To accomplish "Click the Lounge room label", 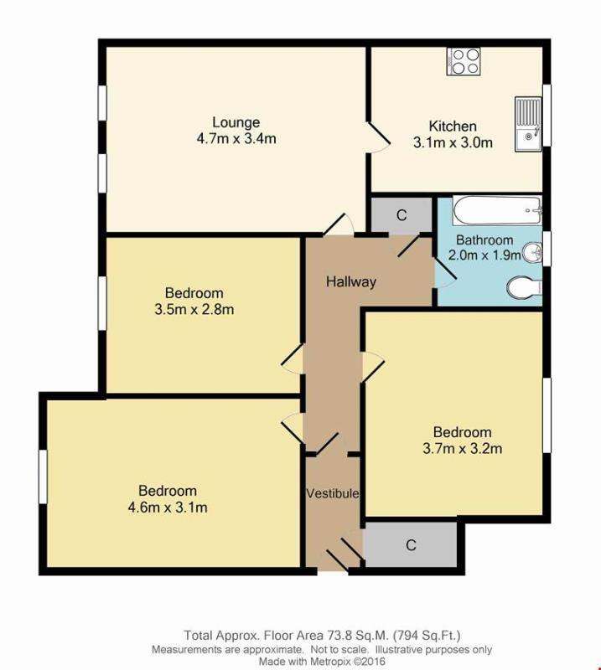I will pyautogui.click(x=236, y=123).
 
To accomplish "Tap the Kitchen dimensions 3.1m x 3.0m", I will pyautogui.click(x=453, y=142).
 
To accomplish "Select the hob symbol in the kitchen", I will pyautogui.click(x=464, y=60).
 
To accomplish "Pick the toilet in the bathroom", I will pyautogui.click(x=523, y=287).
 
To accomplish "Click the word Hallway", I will pyautogui.click(x=351, y=281).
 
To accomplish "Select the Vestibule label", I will pyautogui.click(x=333, y=492).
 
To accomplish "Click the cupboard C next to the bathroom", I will pyautogui.click(x=402, y=215).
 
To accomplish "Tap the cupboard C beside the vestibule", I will pyautogui.click(x=411, y=545).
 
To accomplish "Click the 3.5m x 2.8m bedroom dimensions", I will pyautogui.click(x=194, y=309).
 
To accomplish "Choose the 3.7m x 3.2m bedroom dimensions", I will pyautogui.click(x=462, y=448).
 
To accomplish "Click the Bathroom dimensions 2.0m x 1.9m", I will pyautogui.click(x=484, y=255).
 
